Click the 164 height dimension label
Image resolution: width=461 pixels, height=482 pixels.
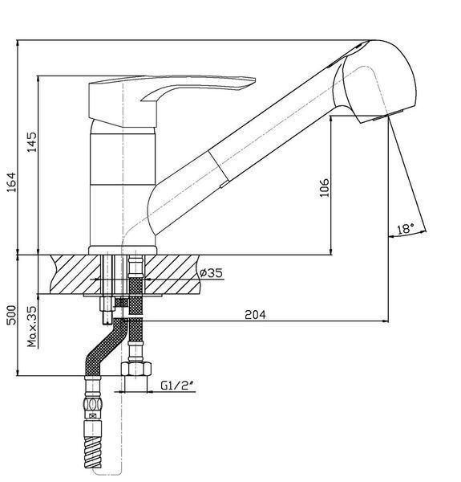tap(11, 182)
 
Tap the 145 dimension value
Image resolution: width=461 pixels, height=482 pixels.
tap(31, 141)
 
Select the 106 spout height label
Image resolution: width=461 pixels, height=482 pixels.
tap(324, 187)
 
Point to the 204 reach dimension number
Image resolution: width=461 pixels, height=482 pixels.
tap(255, 314)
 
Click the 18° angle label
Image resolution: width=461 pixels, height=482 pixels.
tap(405, 229)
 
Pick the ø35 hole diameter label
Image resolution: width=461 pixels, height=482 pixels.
tap(211, 272)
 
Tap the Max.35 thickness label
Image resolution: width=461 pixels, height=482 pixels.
tap(32, 326)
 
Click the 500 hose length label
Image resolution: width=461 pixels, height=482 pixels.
tap(11, 315)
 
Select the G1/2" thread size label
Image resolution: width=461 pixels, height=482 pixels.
tap(178, 386)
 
